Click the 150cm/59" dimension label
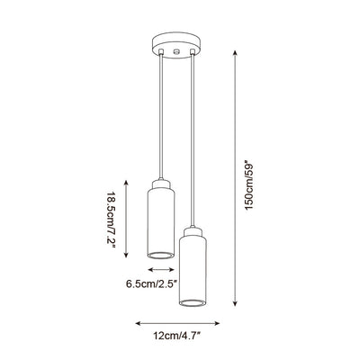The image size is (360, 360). click(x=249, y=186)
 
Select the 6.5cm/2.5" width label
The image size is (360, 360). click(x=152, y=283)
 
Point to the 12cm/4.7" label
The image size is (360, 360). click(x=176, y=336)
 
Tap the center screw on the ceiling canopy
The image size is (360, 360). click(x=176, y=52)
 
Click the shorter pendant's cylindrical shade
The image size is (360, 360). click(x=161, y=223)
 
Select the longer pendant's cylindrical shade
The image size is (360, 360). click(x=193, y=271)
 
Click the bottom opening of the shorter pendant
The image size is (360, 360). click(x=161, y=256)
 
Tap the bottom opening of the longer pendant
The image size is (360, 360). click(x=193, y=302)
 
